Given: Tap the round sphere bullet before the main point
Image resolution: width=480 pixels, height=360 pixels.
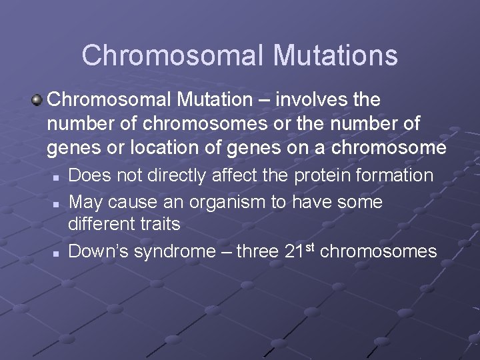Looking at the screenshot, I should point(37,100).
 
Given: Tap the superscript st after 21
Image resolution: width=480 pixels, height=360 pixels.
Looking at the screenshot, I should point(309,247).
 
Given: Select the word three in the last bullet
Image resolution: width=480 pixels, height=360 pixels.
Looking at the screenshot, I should point(257,251).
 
